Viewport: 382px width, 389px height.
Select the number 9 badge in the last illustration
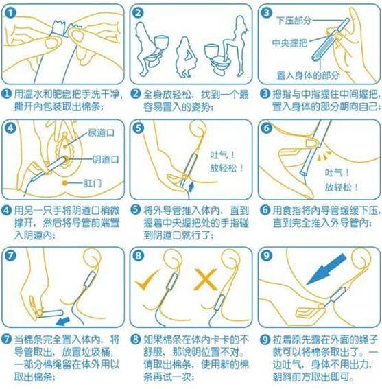[267, 255]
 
